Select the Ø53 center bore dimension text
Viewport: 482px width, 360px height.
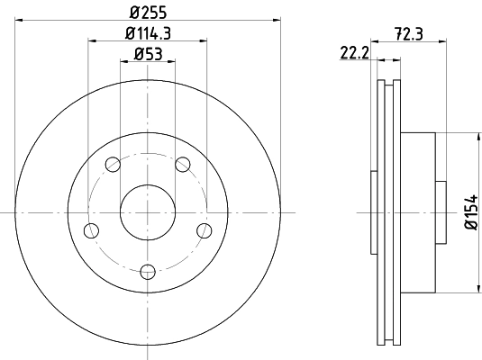tap(148, 54)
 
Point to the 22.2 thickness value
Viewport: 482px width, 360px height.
tap(354, 54)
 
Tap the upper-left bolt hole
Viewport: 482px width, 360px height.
tap(113, 164)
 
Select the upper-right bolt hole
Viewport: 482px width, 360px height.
tap(183, 164)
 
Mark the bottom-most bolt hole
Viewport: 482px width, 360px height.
tap(148, 270)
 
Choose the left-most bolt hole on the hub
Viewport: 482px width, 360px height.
tap(91, 229)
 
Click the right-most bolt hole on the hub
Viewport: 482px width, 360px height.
tap(205, 229)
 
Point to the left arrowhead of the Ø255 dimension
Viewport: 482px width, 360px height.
tap(18, 19)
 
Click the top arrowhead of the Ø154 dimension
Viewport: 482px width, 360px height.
tap(475, 135)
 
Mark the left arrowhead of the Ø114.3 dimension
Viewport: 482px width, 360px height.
tap(91, 40)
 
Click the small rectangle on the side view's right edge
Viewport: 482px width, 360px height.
tap(440, 211)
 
